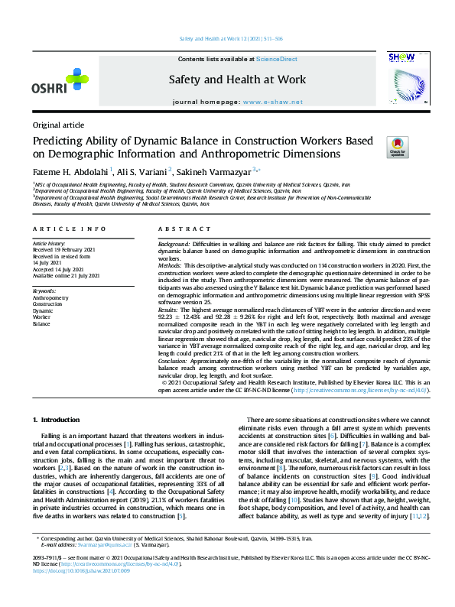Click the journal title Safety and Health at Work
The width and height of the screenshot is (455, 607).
click(x=237, y=80)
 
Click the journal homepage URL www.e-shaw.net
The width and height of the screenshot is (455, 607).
click(x=266, y=102)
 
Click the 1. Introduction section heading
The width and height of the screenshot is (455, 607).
click(x=59, y=420)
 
